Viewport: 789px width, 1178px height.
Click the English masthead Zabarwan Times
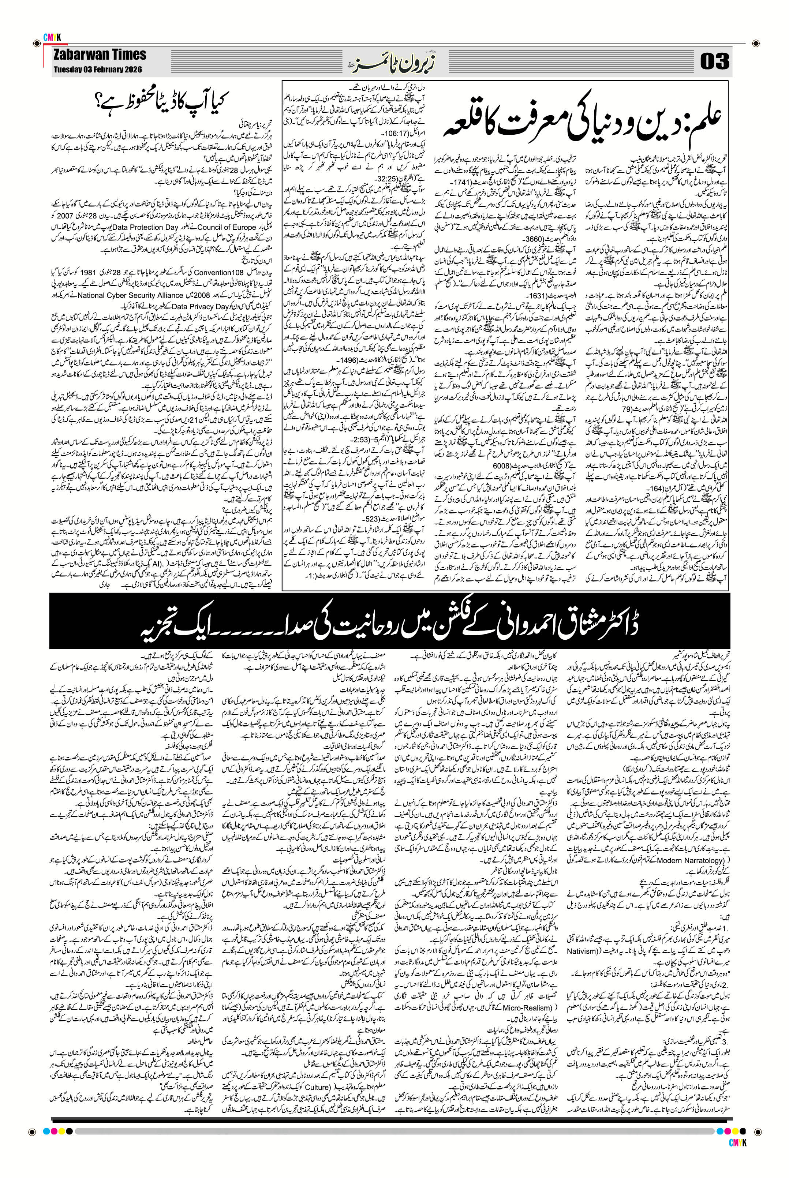point(100,55)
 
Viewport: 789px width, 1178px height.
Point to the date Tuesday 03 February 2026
point(98,70)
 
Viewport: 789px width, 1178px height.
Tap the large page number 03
point(714,61)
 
